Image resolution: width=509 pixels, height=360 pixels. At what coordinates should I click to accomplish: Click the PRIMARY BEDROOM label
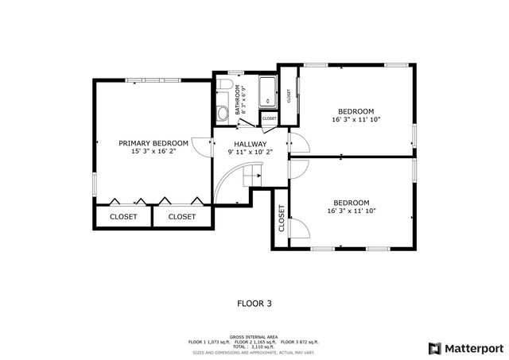pyautogui.click(x=153, y=143)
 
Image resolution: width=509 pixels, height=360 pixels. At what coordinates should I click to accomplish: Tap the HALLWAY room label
pyautogui.click(x=251, y=144)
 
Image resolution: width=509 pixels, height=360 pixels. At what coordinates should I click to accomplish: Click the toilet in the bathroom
pyautogui.click(x=225, y=86)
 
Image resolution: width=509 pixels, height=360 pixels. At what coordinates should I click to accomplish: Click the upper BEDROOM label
pyautogui.click(x=356, y=111)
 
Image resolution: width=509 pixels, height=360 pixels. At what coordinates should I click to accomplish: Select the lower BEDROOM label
pyautogui.click(x=351, y=202)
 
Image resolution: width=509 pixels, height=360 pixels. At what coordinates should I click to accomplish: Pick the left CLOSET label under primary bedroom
pyautogui.click(x=123, y=216)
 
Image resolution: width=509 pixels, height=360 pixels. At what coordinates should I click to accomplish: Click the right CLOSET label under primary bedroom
pyautogui.click(x=182, y=216)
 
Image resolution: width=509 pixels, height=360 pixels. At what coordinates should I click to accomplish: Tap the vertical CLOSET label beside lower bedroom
pyautogui.click(x=282, y=219)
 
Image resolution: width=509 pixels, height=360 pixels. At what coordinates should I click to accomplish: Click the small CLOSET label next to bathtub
pyautogui.click(x=269, y=118)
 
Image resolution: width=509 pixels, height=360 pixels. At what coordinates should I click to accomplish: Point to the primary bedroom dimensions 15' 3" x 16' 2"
pyautogui.click(x=153, y=152)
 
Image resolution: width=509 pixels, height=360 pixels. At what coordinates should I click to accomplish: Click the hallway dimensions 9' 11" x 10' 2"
pyautogui.click(x=251, y=153)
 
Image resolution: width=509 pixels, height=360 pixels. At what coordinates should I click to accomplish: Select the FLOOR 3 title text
pyautogui.click(x=254, y=303)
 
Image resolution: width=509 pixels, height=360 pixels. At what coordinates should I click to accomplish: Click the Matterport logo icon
pyautogui.click(x=433, y=347)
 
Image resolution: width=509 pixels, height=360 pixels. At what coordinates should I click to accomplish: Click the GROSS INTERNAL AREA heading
pyautogui.click(x=254, y=336)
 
